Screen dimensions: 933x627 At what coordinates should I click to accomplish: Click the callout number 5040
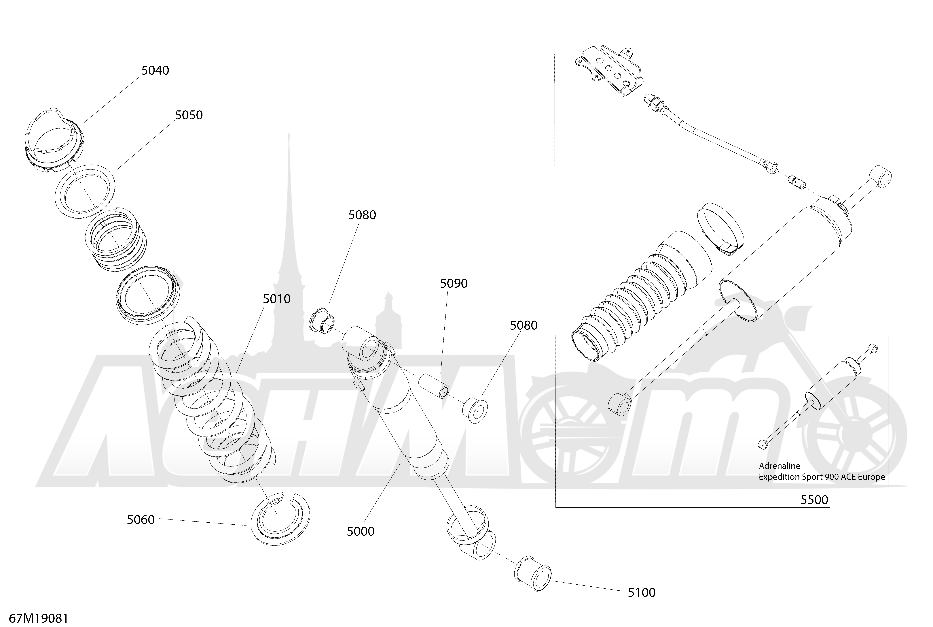pyautogui.click(x=155, y=70)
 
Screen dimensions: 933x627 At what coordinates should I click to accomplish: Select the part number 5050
pyautogui.click(x=189, y=115)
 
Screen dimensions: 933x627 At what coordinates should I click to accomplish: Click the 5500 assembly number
pyautogui.click(x=814, y=500)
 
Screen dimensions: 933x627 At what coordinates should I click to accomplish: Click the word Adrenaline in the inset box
pyautogui.click(x=780, y=466)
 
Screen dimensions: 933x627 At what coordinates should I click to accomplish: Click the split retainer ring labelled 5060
pyautogui.click(x=280, y=519)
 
